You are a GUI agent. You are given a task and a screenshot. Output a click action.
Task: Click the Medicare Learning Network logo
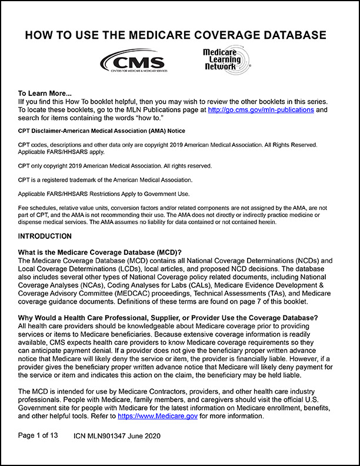point(224,60)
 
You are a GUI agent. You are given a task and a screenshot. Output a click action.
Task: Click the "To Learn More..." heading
point(45,93)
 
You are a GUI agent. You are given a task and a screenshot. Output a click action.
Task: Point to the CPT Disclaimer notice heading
point(101,130)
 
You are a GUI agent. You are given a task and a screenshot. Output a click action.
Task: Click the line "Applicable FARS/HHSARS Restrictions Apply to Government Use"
point(112,194)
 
